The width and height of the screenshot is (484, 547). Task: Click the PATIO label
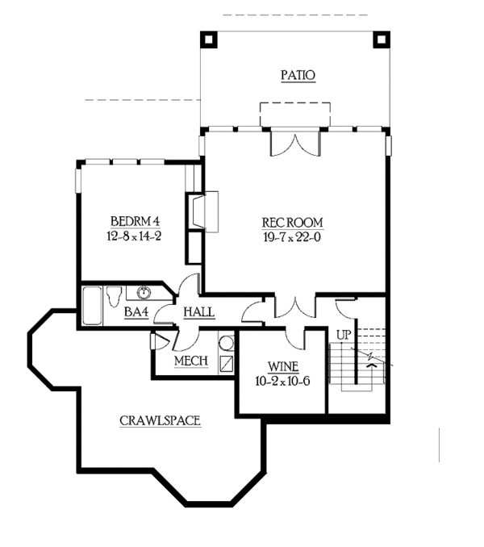(x=298, y=76)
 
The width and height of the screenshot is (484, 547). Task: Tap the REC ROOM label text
(x=292, y=223)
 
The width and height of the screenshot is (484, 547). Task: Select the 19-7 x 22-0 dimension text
(x=292, y=237)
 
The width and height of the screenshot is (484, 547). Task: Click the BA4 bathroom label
(x=136, y=312)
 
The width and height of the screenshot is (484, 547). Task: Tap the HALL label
(x=198, y=312)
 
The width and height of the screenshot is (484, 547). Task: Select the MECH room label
(x=191, y=361)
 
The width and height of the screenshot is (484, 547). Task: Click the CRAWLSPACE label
(x=160, y=420)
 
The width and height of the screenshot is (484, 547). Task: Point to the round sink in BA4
(x=146, y=293)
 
